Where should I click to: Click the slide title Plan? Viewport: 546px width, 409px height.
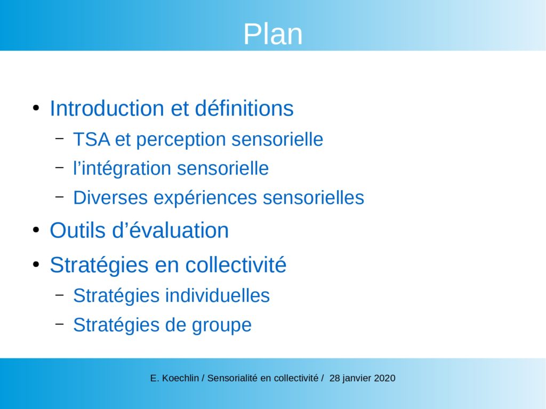[272, 34]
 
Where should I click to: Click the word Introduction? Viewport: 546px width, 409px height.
[107, 108]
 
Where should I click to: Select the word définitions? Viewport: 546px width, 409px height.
[244, 108]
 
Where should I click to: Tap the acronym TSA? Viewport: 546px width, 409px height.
[92, 140]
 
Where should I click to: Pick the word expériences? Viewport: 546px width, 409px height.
[205, 198]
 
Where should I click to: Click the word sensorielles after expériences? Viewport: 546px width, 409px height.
[314, 198]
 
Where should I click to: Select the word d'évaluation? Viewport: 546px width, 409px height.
[170, 230]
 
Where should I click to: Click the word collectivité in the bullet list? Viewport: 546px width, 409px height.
[236, 265]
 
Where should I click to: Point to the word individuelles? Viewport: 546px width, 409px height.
[218, 296]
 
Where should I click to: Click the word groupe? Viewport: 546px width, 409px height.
[221, 325]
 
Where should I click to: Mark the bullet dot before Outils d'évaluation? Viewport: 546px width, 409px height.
[36, 230]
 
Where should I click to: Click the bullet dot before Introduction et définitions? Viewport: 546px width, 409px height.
[36, 108]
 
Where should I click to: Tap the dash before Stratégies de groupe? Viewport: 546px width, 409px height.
[60, 324]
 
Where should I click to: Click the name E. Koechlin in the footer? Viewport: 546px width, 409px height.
[174, 378]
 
